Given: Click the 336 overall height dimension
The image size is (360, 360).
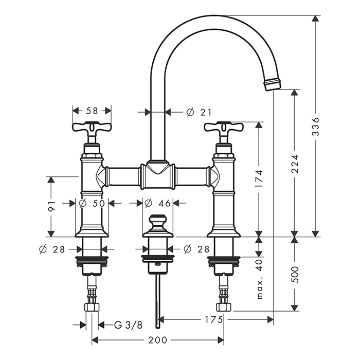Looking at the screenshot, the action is point(316,127).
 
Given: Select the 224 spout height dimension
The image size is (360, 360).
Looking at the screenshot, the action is point(295,164).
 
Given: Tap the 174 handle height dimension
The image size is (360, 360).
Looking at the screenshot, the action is point(259,179).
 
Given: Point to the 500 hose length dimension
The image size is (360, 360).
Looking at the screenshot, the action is point(295,274).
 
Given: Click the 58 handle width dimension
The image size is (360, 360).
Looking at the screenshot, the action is point(92,111).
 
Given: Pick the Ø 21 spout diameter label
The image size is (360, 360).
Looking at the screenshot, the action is point(199,112).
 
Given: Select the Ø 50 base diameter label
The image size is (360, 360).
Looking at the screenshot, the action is point(92,203).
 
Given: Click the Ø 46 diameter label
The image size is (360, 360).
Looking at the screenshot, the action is point(158,203).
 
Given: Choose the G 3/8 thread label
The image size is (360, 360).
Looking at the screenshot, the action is point(128,325).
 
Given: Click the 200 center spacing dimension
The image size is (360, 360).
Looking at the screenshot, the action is point(158,340).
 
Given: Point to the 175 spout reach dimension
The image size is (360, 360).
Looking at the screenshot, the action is point(214,319).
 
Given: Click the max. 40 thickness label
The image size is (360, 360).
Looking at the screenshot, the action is point(259,279).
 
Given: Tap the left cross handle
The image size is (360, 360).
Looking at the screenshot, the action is point(92,128).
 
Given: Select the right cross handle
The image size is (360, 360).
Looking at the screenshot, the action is point(224,128).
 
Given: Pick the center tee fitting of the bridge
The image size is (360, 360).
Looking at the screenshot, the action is point(158,176).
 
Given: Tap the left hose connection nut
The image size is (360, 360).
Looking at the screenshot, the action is point(92,307).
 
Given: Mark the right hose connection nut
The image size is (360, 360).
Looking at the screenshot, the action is point(224,307).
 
